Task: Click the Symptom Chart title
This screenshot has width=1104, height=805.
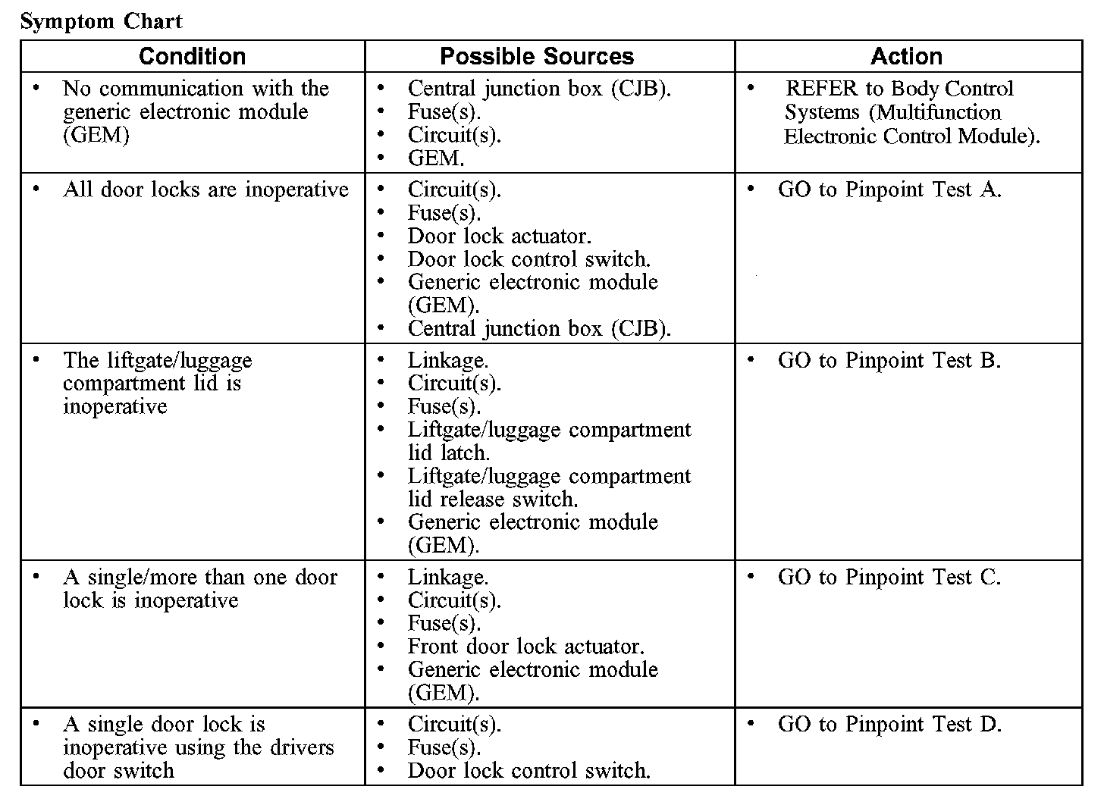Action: pyautogui.click(x=101, y=21)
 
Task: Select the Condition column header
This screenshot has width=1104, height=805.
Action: pyautogui.click(x=192, y=56)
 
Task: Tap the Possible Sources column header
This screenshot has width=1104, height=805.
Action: pyautogui.click(x=536, y=56)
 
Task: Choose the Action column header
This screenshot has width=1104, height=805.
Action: pyautogui.click(x=906, y=56)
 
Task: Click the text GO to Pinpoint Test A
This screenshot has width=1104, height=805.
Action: pyautogui.click(x=889, y=190)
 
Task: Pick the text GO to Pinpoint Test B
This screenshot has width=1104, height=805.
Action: pyautogui.click(x=889, y=360)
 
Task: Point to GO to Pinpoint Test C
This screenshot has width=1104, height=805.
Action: pyautogui.click(x=889, y=578)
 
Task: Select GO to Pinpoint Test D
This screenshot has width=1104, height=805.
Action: pyautogui.click(x=889, y=725)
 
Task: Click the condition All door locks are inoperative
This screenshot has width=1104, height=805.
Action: pyautogui.click(x=205, y=190)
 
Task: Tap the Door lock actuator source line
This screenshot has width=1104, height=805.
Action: pyautogui.click(x=499, y=236)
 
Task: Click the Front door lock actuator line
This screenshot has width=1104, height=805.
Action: pyautogui.click(x=525, y=647)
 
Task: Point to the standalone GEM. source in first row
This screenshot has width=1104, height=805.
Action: pyautogui.click(x=435, y=158)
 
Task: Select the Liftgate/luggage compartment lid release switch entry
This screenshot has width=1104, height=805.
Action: pyautogui.click(x=549, y=487)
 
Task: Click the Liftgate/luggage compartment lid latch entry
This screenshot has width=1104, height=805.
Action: pyautogui.click(x=549, y=441)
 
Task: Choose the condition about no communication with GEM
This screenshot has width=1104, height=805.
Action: pyautogui.click(x=195, y=111)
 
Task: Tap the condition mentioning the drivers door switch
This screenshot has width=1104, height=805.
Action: pyautogui.click(x=198, y=747)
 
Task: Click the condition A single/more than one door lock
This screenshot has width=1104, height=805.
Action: pyautogui.click(x=199, y=589)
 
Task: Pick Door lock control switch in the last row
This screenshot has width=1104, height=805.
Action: pyautogui.click(x=528, y=771)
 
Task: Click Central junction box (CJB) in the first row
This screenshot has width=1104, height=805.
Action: pyautogui.click(x=539, y=89)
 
